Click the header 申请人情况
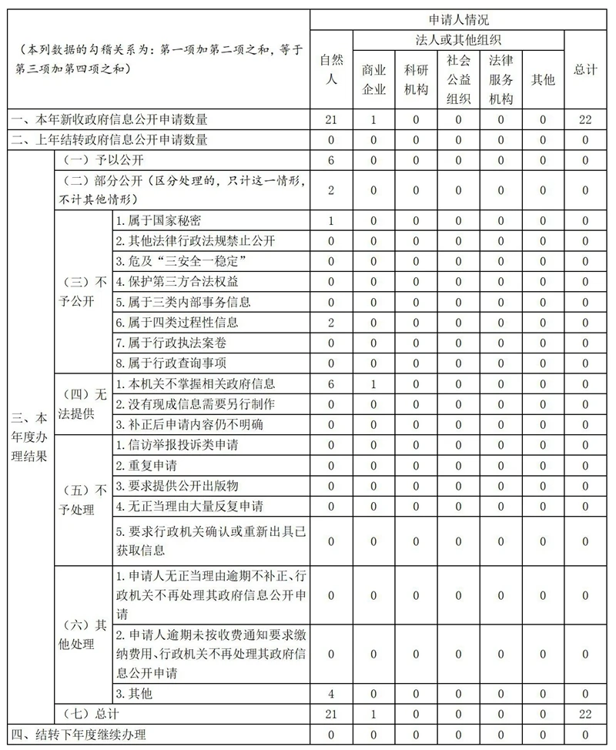[x=458, y=19]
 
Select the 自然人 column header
[x=331, y=69]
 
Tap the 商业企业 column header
[x=373, y=79]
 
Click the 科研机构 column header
[x=416, y=79]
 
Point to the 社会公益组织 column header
[x=458, y=79]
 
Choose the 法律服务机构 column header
[x=500, y=79]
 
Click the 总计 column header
[x=585, y=69]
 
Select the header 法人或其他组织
[x=458, y=39]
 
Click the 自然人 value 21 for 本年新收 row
[x=331, y=119]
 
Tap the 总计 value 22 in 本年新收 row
[x=585, y=119]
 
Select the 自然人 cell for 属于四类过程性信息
[x=331, y=322]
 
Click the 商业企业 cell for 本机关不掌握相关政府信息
[x=373, y=383]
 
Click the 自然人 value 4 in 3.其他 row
[x=331, y=694]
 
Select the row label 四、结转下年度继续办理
[x=78, y=735]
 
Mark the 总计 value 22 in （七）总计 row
[x=585, y=715]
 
